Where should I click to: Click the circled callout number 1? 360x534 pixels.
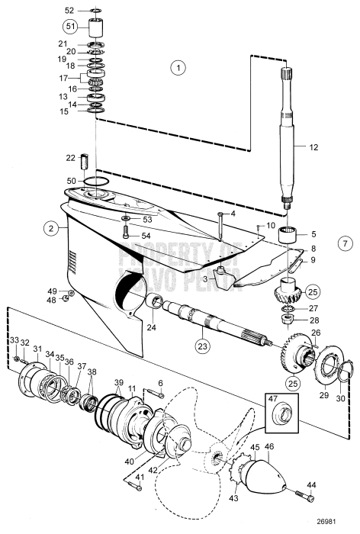178,68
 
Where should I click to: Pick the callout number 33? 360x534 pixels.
14,339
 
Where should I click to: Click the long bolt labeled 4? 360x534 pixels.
220,227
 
